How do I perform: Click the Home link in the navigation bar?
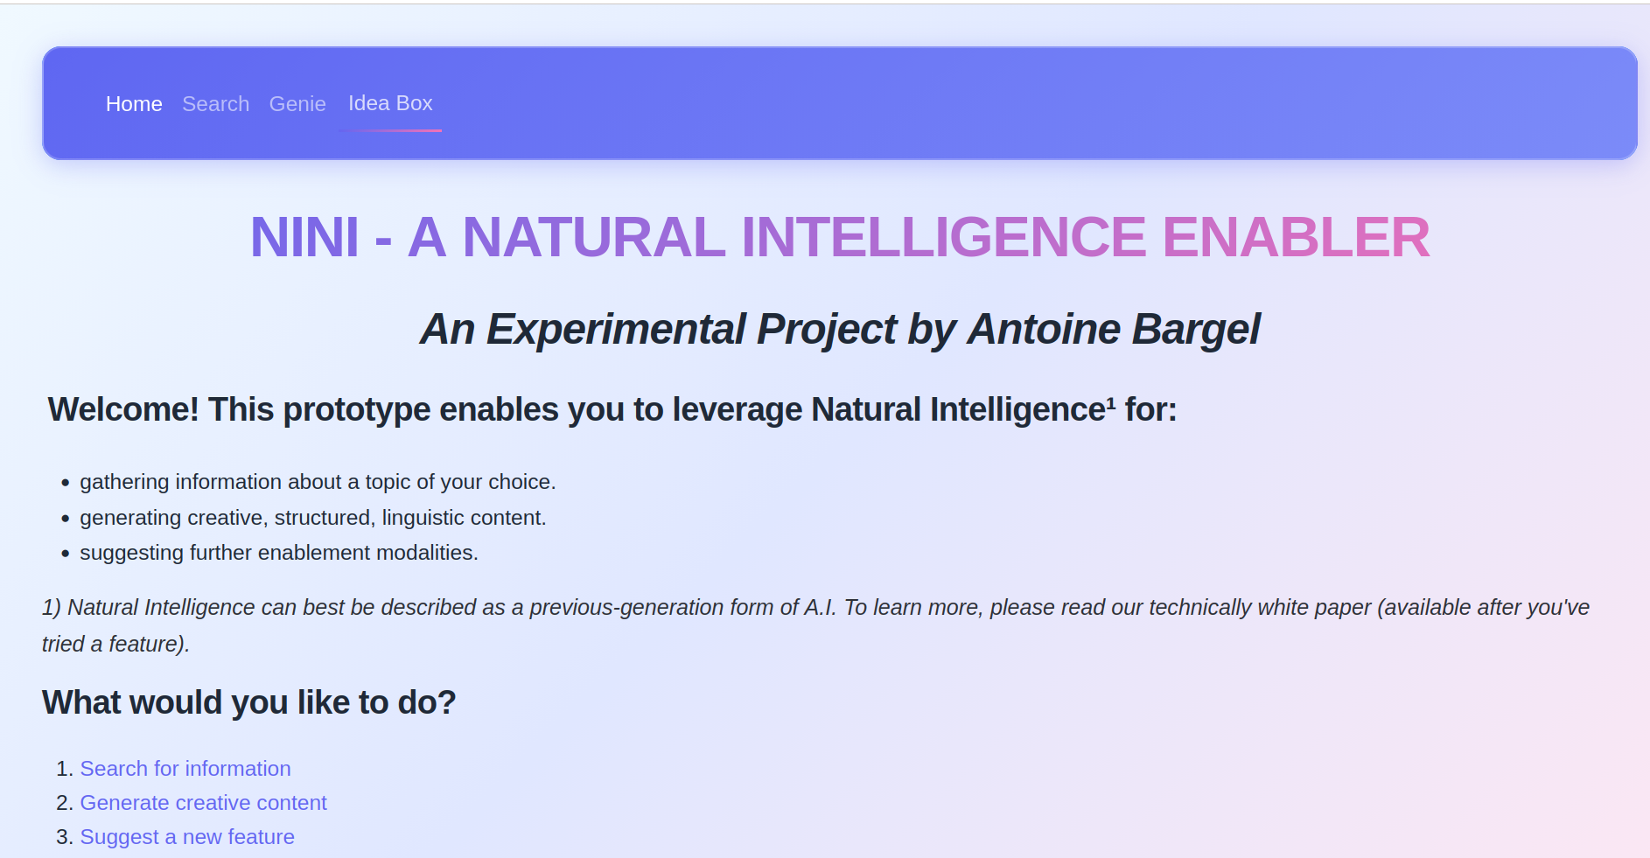[134, 104]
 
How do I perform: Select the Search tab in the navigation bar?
[215, 104]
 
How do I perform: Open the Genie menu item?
[297, 104]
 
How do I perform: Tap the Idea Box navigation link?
[390, 103]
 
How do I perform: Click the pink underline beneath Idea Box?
[390, 130]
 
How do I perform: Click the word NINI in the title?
[304, 238]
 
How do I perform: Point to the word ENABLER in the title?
[1296, 238]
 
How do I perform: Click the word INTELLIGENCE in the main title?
[943, 238]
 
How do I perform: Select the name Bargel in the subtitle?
[1196, 330]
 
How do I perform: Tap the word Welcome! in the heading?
[123, 409]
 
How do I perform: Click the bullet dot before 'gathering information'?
[66, 483]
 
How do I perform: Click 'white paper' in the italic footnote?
[1315, 607]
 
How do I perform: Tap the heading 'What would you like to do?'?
[248, 702]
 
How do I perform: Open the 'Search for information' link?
[185, 769]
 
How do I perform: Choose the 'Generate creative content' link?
[203, 803]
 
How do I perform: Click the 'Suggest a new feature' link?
[187, 837]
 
